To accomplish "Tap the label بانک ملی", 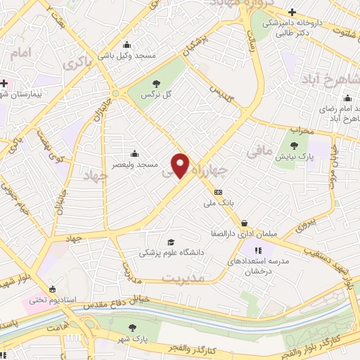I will pyautogui.click(x=217, y=204).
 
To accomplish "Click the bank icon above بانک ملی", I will pyautogui.click(x=218, y=192).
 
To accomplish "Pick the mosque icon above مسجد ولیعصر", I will pyautogui.click(x=134, y=153).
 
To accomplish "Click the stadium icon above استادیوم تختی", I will pyautogui.click(x=52, y=288).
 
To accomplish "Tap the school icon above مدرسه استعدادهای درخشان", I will pyautogui.click(x=258, y=249).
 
